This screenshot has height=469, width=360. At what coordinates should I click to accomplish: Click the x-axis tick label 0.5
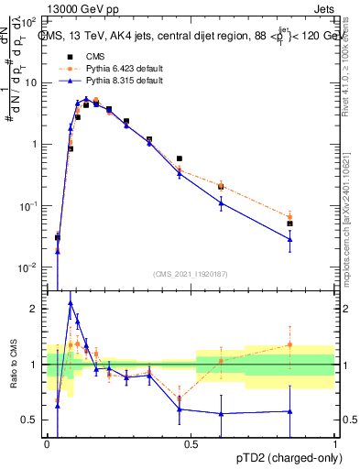click(191, 443)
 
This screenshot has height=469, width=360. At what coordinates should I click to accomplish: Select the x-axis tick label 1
click(334, 443)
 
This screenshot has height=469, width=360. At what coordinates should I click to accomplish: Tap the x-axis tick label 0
click(47, 443)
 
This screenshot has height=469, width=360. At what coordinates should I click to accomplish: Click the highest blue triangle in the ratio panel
click(71, 303)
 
